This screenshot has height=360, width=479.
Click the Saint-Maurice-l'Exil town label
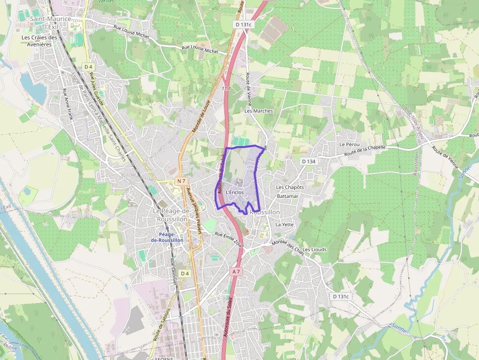click(50, 22)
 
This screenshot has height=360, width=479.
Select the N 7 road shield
click(182, 181)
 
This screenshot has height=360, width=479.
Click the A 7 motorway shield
click(237, 271)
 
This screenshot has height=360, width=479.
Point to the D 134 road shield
click(309, 161)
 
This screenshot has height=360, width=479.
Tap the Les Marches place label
click(259, 111)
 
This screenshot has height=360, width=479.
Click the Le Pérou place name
click(349, 145)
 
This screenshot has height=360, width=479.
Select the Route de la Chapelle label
click(365, 151)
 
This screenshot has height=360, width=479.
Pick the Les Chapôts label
click(290, 187)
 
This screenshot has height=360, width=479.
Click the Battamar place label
click(287, 196)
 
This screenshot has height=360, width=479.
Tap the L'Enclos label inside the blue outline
click(235, 192)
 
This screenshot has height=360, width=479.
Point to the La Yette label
click(284, 225)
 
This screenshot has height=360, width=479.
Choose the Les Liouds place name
click(314, 250)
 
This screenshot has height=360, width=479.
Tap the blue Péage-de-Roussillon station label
click(167, 237)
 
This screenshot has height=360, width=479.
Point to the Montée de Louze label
click(200, 117)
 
